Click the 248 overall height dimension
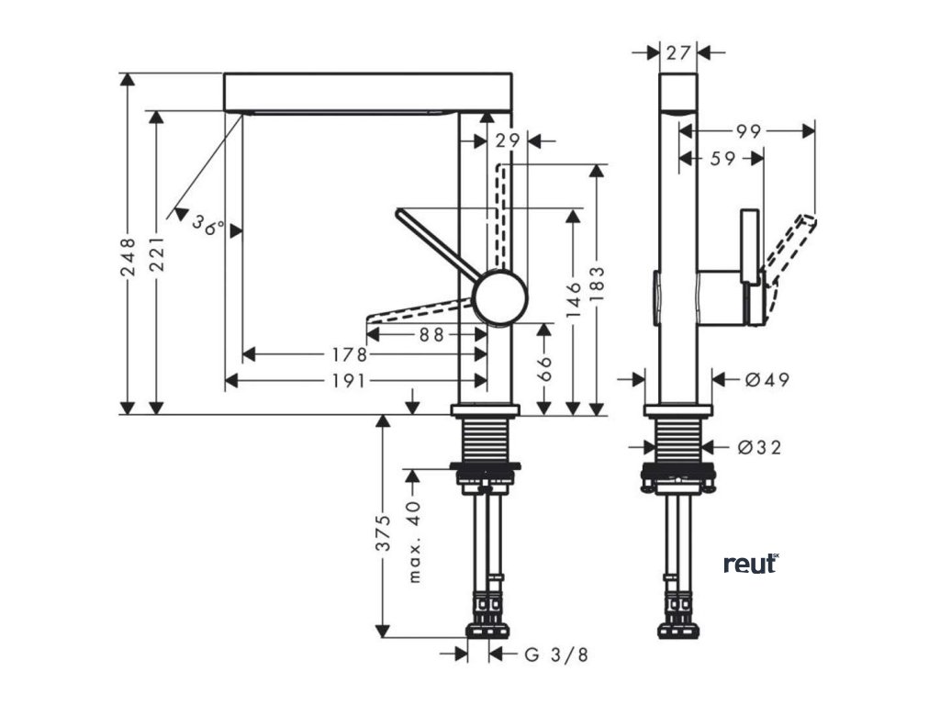pos(129,256)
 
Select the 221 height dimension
pos(157,256)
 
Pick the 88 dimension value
pos(431,335)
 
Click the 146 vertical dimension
pos(574,301)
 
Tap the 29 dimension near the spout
pos(507,141)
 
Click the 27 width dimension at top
pos(678,52)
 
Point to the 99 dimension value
pos(748,131)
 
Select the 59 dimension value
pos(723,159)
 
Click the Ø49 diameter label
pos(766,379)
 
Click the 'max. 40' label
pos(414,542)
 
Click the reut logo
pos(751,563)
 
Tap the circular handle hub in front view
pos(499,297)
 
